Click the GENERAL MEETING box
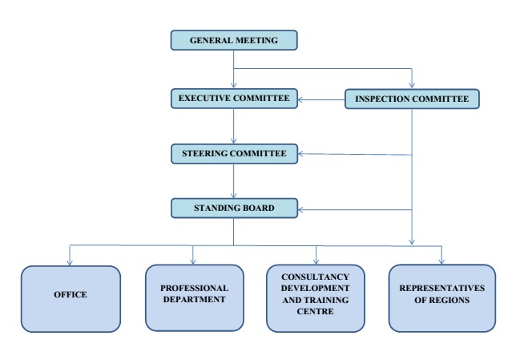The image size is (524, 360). pyautogui.click(x=234, y=40)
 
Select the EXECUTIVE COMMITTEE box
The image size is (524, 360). pyautogui.click(x=234, y=99)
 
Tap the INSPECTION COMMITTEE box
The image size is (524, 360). pyautogui.click(x=412, y=99)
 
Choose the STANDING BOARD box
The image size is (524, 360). pyautogui.click(x=234, y=208)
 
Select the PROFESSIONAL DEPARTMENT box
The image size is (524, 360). pyautogui.click(x=194, y=295)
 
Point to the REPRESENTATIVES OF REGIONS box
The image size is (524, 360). pyautogui.click(x=441, y=295)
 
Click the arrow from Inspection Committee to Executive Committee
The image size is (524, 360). pyautogui.click(x=320, y=100)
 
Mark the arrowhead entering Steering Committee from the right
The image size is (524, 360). pyautogui.click(x=301, y=154)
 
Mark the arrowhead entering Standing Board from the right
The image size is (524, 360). pyautogui.click(x=301, y=210)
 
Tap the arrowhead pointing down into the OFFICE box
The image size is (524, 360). pyautogui.click(x=71, y=261)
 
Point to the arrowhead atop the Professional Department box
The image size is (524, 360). pyautogui.click(x=194, y=261)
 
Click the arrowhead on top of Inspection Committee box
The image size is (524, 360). pyautogui.click(x=412, y=85)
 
